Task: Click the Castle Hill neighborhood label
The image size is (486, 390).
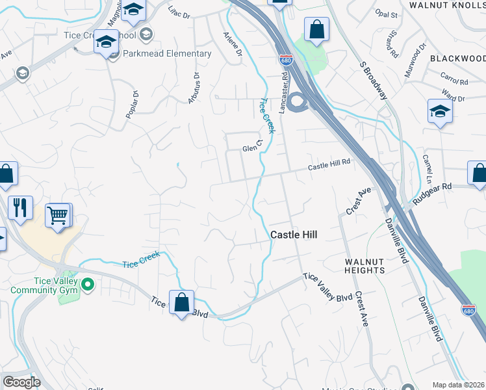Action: click(x=294, y=235)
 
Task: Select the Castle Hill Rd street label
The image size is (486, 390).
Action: click(x=329, y=166)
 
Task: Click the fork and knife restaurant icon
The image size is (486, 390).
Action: click(x=20, y=207)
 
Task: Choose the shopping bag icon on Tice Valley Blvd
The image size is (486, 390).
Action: click(x=182, y=302)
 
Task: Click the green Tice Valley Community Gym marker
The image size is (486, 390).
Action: click(x=90, y=284)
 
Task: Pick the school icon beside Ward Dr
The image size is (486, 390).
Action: click(x=440, y=111)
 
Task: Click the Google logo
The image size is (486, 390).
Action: click(x=21, y=382)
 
